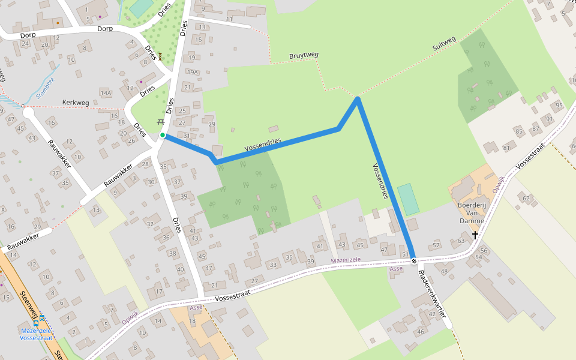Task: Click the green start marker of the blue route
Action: tap(163, 135)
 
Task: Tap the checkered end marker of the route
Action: tap(414, 261)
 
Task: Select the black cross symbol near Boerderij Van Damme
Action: tap(475, 235)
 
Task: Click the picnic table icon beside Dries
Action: tap(161, 122)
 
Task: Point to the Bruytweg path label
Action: tap(304, 55)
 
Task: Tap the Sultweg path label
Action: tap(444, 43)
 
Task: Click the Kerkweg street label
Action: tap(76, 103)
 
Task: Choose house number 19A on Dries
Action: tap(192, 72)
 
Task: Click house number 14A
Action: tap(106, 93)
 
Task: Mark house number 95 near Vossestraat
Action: tap(559, 106)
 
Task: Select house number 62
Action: tap(526, 198)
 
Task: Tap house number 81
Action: tap(507, 148)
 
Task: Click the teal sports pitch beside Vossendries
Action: tap(409, 199)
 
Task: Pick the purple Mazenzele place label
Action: tap(347, 261)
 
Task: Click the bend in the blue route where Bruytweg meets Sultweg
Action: tap(358, 98)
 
